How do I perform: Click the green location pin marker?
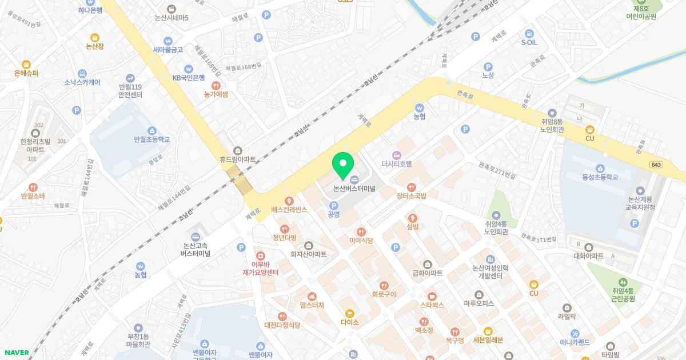pyautogui.click(x=343, y=166)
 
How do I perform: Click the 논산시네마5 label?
pyautogui.click(x=170, y=18)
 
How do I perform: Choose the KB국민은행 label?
pyautogui.click(x=189, y=77)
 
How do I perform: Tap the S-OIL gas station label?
pyautogui.click(x=529, y=42)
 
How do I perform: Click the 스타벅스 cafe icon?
pyautogui.click(x=432, y=296)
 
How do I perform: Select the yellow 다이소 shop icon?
pyautogui.click(x=349, y=313)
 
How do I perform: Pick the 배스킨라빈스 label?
pyautogui.click(x=289, y=210)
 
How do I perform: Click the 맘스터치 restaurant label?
pyautogui.click(x=312, y=305)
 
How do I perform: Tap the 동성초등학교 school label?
pyautogui.click(x=600, y=177)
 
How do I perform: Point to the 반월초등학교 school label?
pyautogui.click(x=151, y=139)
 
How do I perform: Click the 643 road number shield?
pyautogui.click(x=656, y=165)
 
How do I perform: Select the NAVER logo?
pyautogui.click(x=16, y=353)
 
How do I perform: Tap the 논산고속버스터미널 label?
pyautogui.click(x=196, y=249)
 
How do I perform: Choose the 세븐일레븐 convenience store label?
pyautogui.click(x=488, y=340)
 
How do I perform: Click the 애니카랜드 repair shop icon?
pyautogui.click(x=575, y=334)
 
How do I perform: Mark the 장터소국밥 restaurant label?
pyautogui.click(x=412, y=195)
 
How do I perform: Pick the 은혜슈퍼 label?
pyautogui.click(x=26, y=73)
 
